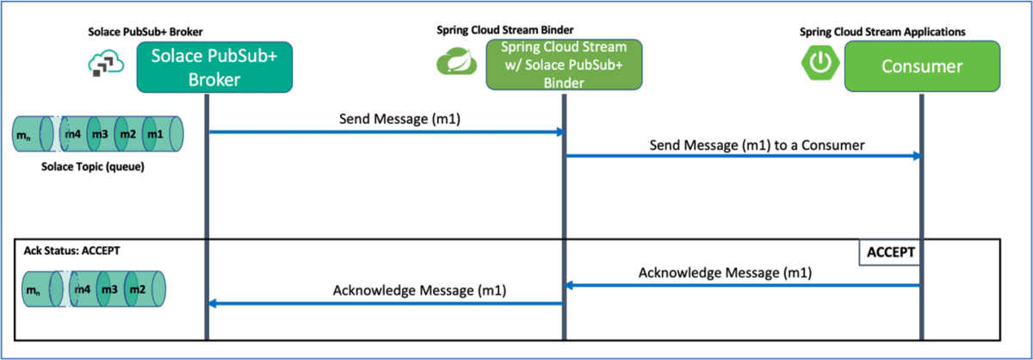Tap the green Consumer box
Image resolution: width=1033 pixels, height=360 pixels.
click(x=920, y=66)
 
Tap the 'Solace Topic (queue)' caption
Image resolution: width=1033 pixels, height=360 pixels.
click(x=93, y=166)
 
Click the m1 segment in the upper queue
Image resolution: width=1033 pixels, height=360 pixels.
click(x=156, y=134)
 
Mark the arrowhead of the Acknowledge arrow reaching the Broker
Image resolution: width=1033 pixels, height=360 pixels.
click(x=215, y=303)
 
